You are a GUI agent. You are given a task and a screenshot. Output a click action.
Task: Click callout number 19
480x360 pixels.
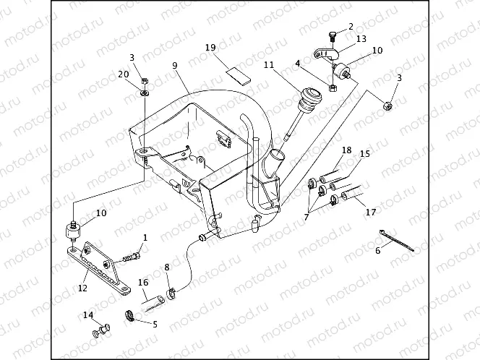210,48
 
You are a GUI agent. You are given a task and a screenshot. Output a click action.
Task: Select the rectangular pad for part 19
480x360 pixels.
237,74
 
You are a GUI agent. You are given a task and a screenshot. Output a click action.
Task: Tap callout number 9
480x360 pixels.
174,65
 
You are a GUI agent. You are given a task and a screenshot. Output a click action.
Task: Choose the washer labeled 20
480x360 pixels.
144,92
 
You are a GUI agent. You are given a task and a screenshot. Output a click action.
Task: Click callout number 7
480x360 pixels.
307,215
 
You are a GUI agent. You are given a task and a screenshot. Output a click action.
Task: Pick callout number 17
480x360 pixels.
371,213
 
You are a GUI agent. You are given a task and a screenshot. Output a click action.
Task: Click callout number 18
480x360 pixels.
346,150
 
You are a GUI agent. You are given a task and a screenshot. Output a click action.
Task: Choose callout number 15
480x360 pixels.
364,154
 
